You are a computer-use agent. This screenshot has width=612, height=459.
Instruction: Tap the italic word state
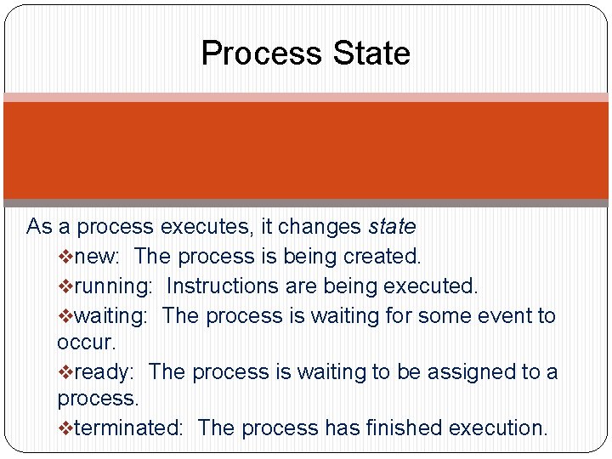tap(392, 227)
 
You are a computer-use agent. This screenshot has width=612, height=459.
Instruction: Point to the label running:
tap(113, 286)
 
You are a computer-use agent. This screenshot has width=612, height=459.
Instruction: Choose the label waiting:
tap(111, 316)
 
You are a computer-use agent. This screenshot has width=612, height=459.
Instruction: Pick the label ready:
tap(104, 372)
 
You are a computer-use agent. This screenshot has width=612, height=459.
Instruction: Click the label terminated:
tap(128, 428)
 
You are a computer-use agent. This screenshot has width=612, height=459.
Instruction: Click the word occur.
tap(86, 343)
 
